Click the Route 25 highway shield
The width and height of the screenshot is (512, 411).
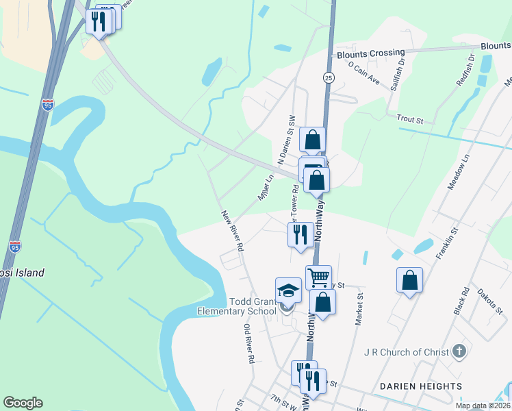[x=329, y=78]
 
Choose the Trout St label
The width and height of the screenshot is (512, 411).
[x=411, y=119]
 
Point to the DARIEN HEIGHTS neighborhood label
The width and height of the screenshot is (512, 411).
[x=421, y=387]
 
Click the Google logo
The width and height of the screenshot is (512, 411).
[x=23, y=403]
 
